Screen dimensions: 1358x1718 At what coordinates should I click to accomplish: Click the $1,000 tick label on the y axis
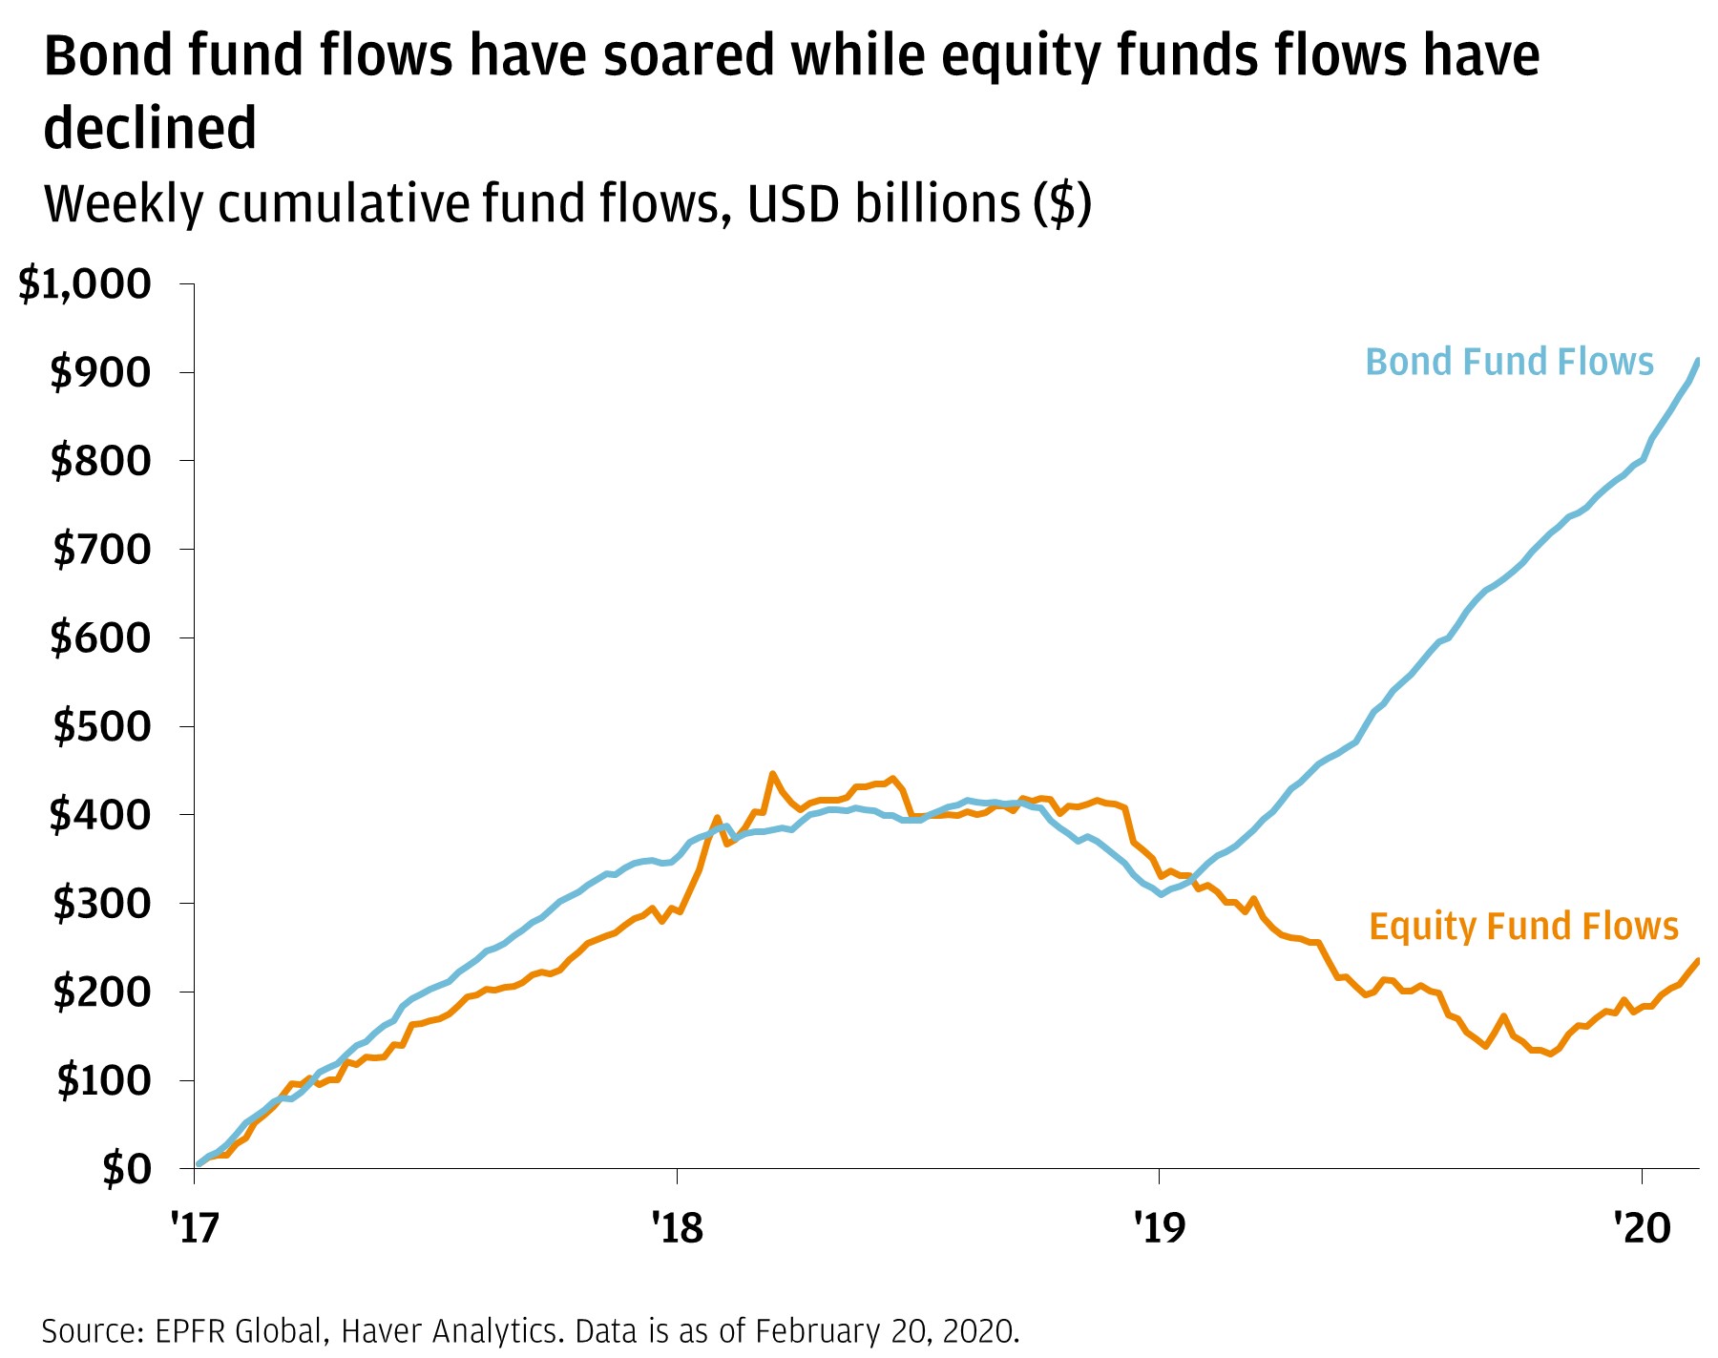click(x=85, y=284)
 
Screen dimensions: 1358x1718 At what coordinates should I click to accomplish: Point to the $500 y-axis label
click(x=101, y=727)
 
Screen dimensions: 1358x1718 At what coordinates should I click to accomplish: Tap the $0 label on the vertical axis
click(x=126, y=1169)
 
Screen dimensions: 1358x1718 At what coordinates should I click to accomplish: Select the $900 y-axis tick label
click(x=101, y=373)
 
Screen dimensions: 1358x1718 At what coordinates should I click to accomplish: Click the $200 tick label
click(x=101, y=992)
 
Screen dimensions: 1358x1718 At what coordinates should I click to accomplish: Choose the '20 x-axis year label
click(x=1641, y=1228)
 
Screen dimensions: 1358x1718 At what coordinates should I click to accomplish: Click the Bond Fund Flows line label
click(x=1509, y=363)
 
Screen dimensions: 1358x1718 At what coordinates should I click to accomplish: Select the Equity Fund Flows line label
click(x=1523, y=927)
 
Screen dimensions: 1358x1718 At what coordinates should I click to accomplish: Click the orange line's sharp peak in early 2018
click(x=772, y=774)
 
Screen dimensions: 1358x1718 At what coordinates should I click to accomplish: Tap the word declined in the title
click(x=151, y=129)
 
